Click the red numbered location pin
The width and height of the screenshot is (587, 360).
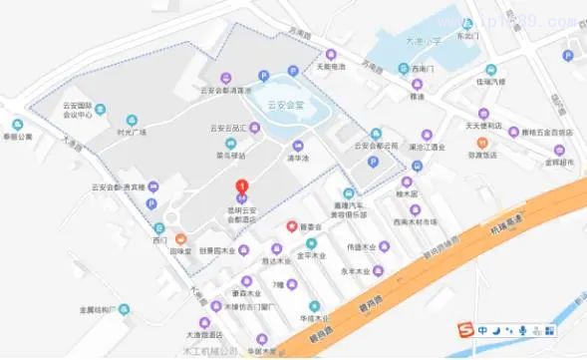coord(240,185)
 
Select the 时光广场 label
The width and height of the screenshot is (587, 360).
coord(132,131)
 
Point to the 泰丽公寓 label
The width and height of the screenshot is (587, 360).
coord(17,136)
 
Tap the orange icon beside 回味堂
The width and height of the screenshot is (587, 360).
coord(180,239)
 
